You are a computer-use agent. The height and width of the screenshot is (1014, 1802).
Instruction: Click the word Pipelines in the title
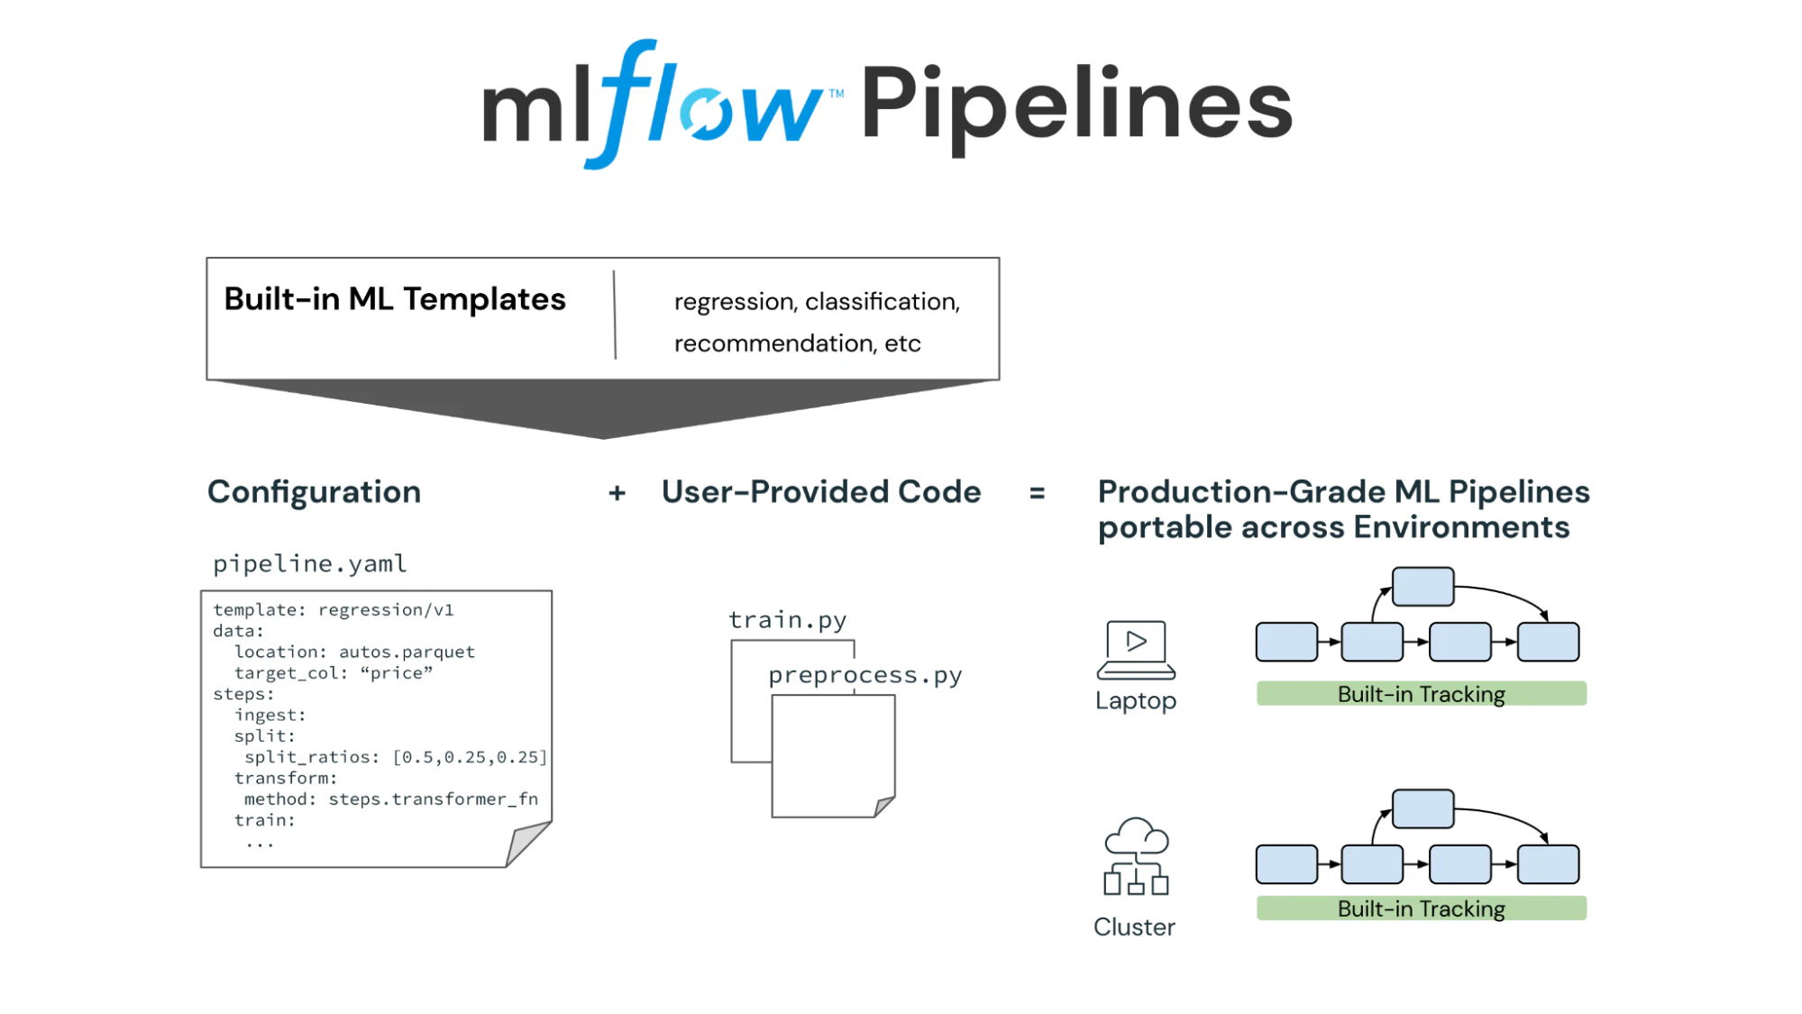coord(1076,106)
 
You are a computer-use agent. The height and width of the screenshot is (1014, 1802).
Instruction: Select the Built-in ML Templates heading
coord(395,299)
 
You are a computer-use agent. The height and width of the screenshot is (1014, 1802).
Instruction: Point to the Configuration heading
coord(314,492)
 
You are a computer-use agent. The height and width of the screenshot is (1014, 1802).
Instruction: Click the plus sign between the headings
coord(617,493)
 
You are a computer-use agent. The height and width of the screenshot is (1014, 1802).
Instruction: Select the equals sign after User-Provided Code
coord(1037,493)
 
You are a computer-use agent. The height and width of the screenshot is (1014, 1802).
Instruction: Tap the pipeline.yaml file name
coord(309,564)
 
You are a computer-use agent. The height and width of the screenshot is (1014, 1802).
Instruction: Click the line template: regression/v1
coord(334,610)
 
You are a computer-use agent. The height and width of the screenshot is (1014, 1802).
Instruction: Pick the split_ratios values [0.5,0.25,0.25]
coord(470,757)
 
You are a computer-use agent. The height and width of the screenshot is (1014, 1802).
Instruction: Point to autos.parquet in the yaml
coord(407,652)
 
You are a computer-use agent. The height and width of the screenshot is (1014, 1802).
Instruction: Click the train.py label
coord(787,620)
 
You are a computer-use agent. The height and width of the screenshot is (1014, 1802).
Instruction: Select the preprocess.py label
coord(864,675)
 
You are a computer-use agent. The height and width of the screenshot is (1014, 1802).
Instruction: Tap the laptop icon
coord(1136,649)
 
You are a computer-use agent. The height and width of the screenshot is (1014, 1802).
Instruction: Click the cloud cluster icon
coord(1136,856)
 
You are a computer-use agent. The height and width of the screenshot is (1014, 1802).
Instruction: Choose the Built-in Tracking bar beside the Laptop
coord(1421,694)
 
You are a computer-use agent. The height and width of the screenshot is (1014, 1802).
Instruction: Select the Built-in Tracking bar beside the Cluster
coord(1421,909)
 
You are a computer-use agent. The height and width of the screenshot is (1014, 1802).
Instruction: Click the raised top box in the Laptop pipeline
coord(1422,587)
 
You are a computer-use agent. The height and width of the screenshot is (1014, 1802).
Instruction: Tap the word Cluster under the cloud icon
coord(1134,927)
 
